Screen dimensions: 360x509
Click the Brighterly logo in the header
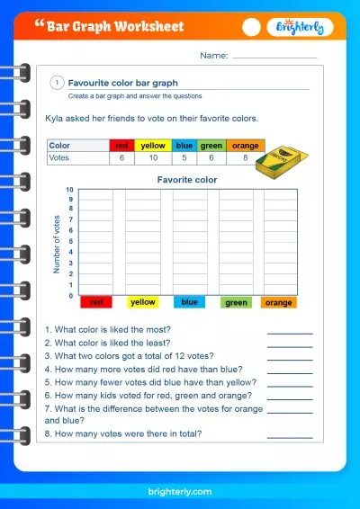tap(301, 28)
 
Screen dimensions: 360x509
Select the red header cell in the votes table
tap(121, 145)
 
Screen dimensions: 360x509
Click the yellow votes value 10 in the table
tap(153, 157)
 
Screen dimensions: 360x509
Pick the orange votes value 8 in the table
tap(245, 157)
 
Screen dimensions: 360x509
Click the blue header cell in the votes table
tap(184, 145)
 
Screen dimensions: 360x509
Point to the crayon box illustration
tap(280, 161)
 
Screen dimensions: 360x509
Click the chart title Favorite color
tap(187, 180)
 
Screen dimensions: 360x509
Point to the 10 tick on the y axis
tap(69, 191)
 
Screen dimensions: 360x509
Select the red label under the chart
tap(96, 302)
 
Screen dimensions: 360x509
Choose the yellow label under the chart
tap(143, 302)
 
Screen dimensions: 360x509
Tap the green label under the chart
tap(236, 302)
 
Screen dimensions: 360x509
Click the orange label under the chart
tap(279, 302)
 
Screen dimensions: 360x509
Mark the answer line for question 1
tap(290, 333)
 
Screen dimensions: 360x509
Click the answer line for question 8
tap(290, 437)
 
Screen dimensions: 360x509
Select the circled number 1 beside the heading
tap(57, 82)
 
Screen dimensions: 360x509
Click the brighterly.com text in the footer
tap(180, 491)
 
